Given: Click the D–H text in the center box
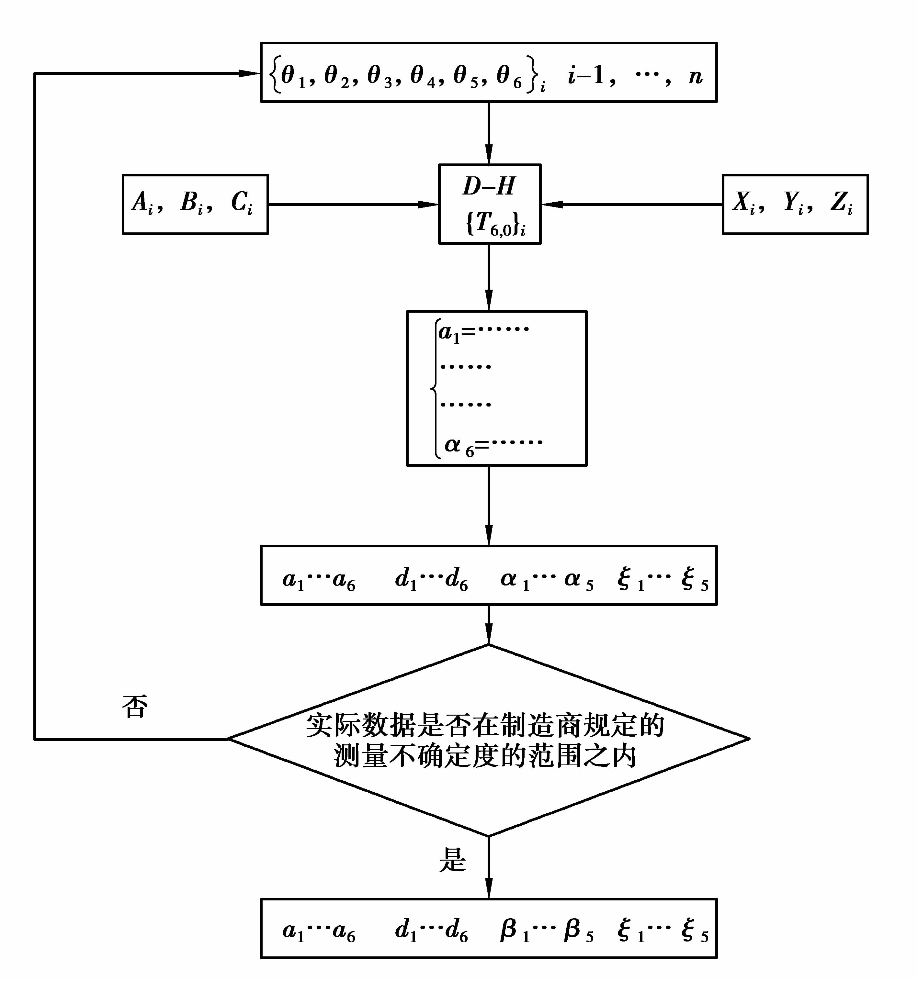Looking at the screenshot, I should [x=489, y=186].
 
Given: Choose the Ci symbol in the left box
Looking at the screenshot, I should [x=242, y=203].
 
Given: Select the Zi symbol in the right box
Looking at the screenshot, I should [x=842, y=203].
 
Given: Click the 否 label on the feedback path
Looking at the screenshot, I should [x=135, y=707].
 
